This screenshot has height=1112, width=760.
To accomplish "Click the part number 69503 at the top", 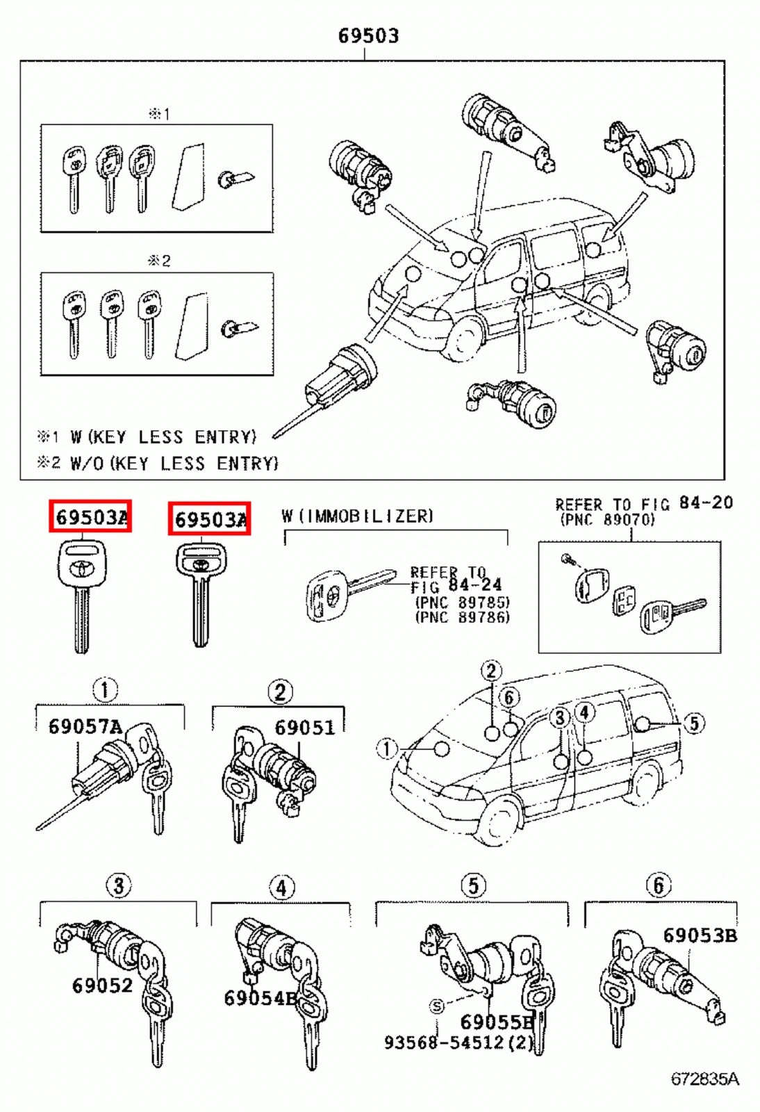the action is click(368, 35).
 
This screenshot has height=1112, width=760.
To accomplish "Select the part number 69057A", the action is click(85, 727).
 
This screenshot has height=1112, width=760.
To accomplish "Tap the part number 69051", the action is click(304, 728).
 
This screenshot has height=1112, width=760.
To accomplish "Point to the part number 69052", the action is click(102, 985).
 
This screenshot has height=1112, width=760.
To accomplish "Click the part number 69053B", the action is click(699, 935).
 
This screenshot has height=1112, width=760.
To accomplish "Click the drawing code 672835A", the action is click(704, 1079).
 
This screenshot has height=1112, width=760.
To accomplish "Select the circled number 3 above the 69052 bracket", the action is click(118, 885).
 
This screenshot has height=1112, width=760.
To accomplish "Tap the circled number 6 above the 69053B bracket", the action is click(659, 885).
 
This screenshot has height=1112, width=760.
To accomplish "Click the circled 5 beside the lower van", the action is click(693, 723).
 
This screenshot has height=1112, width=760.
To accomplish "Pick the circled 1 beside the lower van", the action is click(386, 749).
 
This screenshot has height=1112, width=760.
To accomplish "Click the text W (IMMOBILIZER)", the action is click(357, 516).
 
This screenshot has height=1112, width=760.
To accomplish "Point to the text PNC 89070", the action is click(607, 519).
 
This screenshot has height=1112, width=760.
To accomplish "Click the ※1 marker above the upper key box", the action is click(159, 113).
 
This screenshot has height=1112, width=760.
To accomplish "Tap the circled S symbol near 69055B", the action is click(436, 1006).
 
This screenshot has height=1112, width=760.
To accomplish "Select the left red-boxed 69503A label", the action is click(90, 517).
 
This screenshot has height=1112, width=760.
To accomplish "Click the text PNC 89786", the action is click(462, 616).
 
